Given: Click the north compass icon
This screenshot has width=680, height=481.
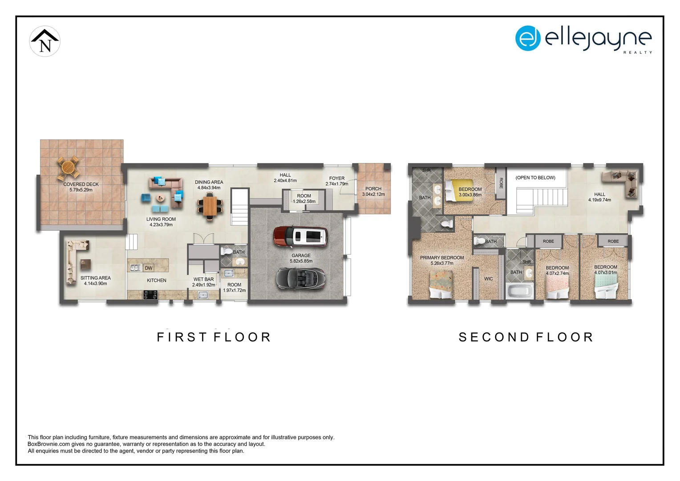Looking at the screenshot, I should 45,41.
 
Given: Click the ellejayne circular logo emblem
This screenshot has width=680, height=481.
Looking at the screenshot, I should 528,38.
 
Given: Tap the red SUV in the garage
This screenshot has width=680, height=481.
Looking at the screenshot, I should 301,236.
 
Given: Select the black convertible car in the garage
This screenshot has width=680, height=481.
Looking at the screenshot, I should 301,279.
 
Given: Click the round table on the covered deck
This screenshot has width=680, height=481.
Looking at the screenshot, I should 69,168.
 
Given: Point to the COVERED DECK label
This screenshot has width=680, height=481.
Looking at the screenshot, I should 81,184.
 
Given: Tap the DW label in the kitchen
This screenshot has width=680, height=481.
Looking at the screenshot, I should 149,268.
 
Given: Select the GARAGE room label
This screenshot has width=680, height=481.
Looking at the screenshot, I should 301,256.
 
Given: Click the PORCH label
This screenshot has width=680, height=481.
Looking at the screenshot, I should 373,189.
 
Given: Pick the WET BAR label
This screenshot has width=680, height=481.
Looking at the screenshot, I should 203,279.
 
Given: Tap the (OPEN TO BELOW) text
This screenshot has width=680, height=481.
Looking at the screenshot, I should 535,178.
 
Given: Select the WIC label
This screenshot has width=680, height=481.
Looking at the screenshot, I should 489,279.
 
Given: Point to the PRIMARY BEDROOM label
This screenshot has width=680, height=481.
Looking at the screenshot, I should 442,257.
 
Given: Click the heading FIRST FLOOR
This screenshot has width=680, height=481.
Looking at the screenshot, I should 214,337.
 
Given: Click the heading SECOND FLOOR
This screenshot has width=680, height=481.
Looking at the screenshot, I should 526,337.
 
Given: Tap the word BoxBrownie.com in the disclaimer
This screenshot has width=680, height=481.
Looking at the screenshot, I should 49,444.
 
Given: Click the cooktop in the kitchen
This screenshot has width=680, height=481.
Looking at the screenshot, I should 150,294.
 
